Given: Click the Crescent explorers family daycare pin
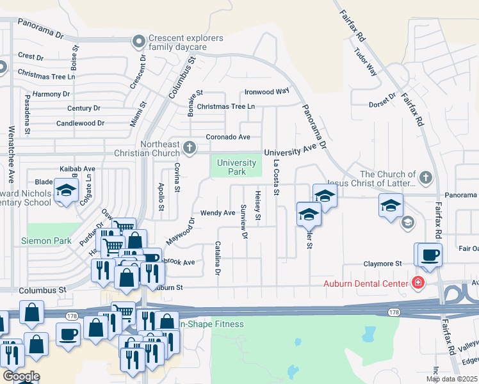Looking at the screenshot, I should tap(138, 43).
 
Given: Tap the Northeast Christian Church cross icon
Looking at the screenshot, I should tap(189, 148).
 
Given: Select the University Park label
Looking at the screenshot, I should tap(236, 167).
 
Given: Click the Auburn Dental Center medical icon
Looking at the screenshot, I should tap(418, 282).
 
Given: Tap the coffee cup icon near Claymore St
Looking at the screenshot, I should tap(430, 255).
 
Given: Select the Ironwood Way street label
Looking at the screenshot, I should tap(267, 92).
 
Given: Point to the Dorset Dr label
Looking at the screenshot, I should tap(384, 105).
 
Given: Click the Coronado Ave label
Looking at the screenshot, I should tap(227, 137).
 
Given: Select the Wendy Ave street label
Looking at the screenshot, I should tap(218, 212).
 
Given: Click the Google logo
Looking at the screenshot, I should tap(21, 376).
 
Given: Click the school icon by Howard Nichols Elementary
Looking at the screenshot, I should tap(65, 191).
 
